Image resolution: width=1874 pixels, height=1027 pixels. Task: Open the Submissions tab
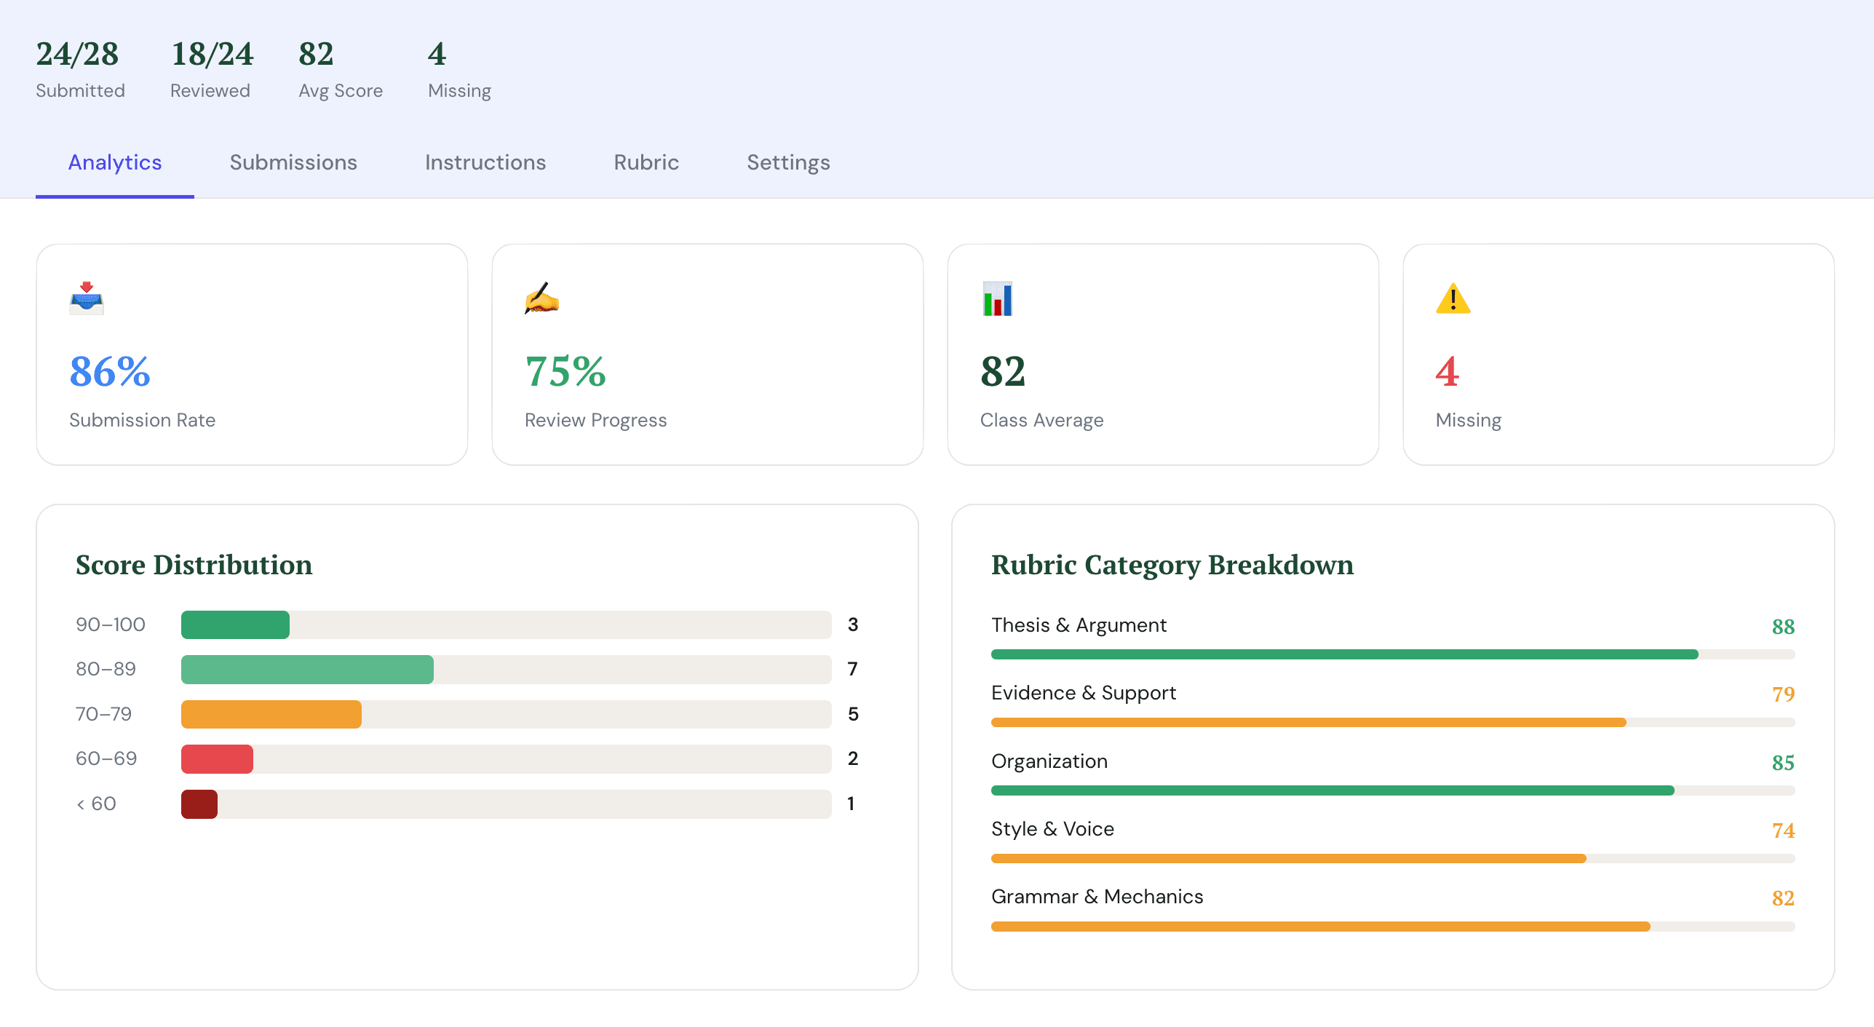coord(293,162)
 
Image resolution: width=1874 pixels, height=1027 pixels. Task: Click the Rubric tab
coord(646,162)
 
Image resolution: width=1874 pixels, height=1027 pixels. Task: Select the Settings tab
coord(788,162)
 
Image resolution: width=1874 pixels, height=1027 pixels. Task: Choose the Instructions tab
coord(485,162)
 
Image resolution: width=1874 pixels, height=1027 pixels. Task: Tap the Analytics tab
coord(115,162)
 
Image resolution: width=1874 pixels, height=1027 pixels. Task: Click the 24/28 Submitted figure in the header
coord(78,55)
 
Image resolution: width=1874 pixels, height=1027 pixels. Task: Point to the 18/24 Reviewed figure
coord(212,55)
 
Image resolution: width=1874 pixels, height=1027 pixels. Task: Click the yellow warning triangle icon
coord(1453,298)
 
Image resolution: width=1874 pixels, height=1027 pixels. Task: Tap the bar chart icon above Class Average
coord(997,298)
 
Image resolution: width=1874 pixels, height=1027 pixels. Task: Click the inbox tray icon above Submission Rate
coord(87,298)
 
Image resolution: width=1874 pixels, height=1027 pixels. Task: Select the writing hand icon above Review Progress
coord(541,298)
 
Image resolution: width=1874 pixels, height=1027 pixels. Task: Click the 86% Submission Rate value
coord(110,371)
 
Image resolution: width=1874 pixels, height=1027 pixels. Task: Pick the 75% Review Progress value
coord(565,371)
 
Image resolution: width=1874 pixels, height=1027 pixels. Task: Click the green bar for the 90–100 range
coord(235,624)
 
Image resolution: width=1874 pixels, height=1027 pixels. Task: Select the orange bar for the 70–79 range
coord(271,714)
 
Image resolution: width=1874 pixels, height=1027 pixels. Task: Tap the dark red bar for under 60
coord(199,804)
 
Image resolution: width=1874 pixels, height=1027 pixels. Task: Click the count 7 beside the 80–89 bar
coord(852,669)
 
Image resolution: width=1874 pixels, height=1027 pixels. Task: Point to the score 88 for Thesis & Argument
coord(1782,626)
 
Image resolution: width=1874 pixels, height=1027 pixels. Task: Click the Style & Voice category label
coord(1052,829)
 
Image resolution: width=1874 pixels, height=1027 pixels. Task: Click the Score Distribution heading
coord(194,565)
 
